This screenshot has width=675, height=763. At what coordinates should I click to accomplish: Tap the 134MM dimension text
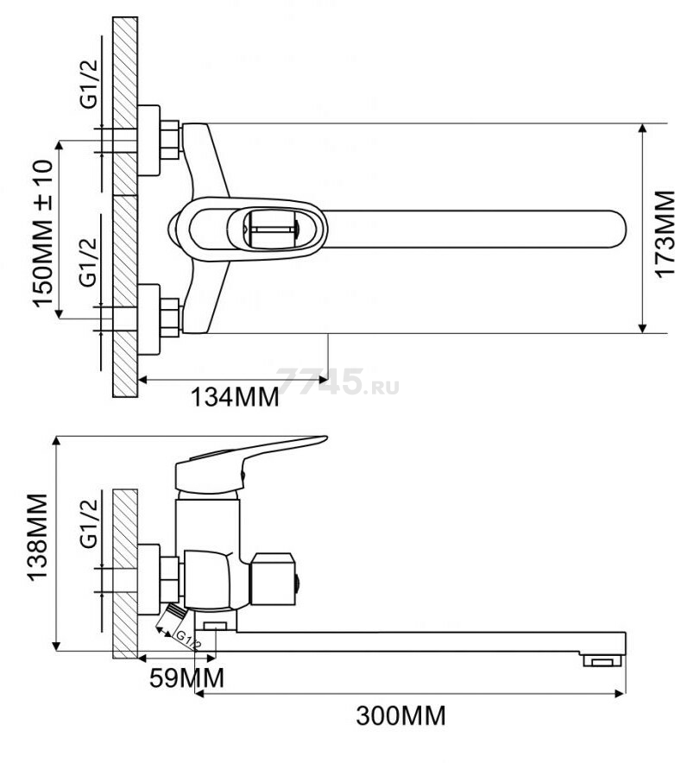[x=235, y=397]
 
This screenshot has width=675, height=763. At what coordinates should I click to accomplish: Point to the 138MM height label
[x=37, y=537]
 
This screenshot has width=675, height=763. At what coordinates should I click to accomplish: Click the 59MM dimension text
[x=187, y=678]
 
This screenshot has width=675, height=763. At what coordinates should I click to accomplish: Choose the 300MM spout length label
[x=401, y=716]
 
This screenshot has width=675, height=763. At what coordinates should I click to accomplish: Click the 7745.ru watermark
[x=337, y=382]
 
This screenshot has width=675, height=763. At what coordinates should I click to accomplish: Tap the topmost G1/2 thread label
[x=89, y=84]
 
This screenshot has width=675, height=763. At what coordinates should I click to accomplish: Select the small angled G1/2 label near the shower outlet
[x=188, y=640]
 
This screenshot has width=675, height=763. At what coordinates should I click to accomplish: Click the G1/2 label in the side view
[x=89, y=524]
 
